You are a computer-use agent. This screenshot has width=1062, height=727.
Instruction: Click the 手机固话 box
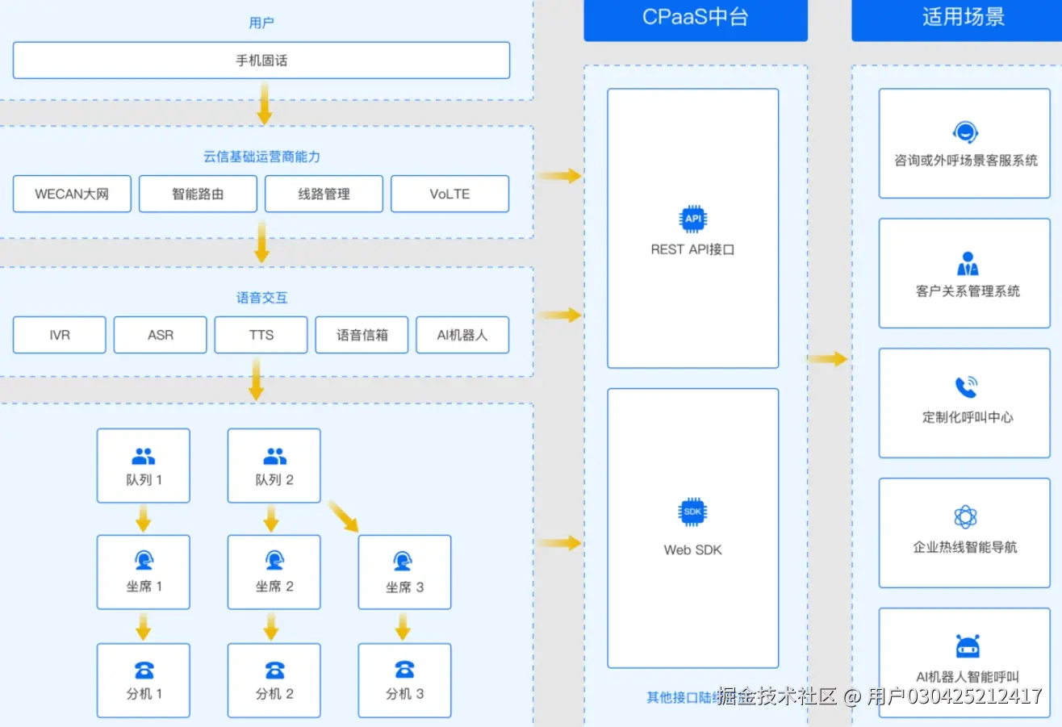coord(261,61)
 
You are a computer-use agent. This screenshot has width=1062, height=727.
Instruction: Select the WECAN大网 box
coord(72,194)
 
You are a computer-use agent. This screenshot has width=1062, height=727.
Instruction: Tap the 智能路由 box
coord(198,194)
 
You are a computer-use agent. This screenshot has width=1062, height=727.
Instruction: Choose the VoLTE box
coord(449,194)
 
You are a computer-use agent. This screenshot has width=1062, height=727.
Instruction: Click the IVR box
coord(59,335)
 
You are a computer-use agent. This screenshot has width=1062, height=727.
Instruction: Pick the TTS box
coord(261,335)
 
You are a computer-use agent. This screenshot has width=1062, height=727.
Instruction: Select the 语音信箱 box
coord(362,335)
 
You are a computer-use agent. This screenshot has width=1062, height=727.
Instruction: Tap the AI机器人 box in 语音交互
coord(462,335)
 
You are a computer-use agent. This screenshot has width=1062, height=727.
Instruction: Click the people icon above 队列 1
coord(143,458)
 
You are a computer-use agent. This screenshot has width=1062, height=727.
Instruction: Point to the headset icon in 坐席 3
coord(403,562)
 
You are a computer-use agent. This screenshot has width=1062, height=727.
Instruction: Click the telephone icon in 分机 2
coord(274,670)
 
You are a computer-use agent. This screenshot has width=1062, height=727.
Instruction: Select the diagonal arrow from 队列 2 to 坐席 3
coord(344,516)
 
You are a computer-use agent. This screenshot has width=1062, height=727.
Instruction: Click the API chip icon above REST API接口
coord(692,219)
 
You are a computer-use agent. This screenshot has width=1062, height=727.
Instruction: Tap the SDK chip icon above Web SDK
coord(692,512)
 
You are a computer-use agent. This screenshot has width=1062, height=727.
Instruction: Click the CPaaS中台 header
coord(695,18)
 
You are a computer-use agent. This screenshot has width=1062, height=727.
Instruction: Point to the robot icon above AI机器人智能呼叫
coord(967,646)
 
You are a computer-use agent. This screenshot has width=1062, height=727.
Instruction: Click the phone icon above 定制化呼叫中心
coord(966,387)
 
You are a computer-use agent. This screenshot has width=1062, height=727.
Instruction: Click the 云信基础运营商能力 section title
coord(261,157)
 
